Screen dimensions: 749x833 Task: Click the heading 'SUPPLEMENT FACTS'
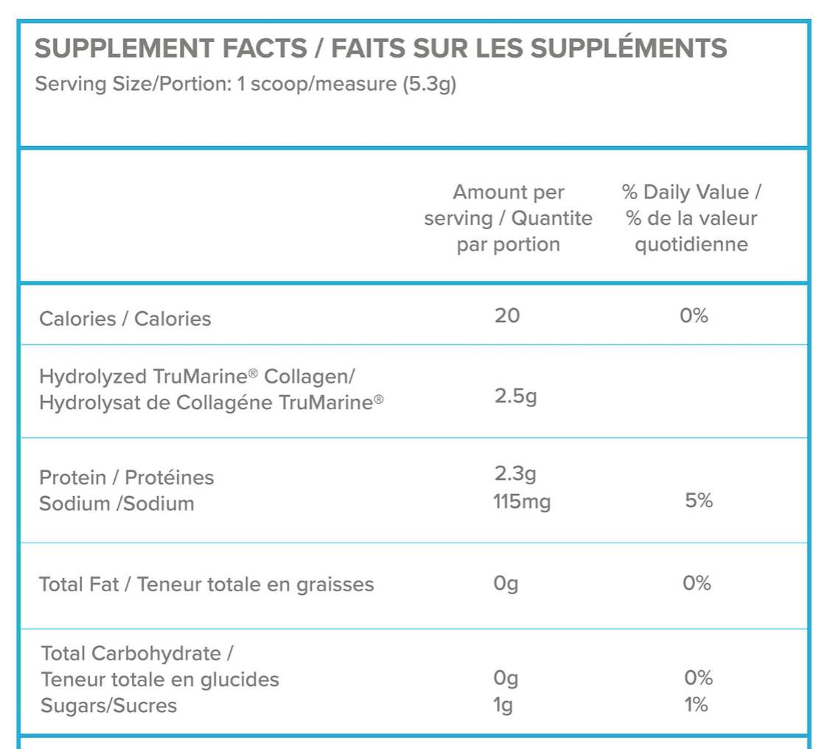(x=170, y=49)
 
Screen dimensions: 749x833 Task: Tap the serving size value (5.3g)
(x=429, y=85)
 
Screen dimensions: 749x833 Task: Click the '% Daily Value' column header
(x=691, y=193)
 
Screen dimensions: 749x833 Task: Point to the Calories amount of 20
(x=507, y=316)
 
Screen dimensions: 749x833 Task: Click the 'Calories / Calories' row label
(x=125, y=318)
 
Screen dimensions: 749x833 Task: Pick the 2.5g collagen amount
(x=515, y=398)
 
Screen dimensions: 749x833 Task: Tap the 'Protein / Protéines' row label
(x=126, y=478)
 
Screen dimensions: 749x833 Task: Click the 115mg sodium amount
(x=522, y=503)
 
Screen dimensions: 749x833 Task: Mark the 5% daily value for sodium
(x=698, y=501)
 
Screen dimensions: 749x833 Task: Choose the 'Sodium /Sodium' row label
(x=116, y=504)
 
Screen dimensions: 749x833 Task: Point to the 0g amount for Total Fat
(x=506, y=585)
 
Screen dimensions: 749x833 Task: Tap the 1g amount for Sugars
(x=503, y=706)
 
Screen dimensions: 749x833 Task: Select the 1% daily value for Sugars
(x=696, y=706)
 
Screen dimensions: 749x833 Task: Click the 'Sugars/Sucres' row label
(x=108, y=706)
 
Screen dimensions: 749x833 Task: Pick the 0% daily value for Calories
(x=694, y=316)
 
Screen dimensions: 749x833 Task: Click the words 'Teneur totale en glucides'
(x=160, y=680)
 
